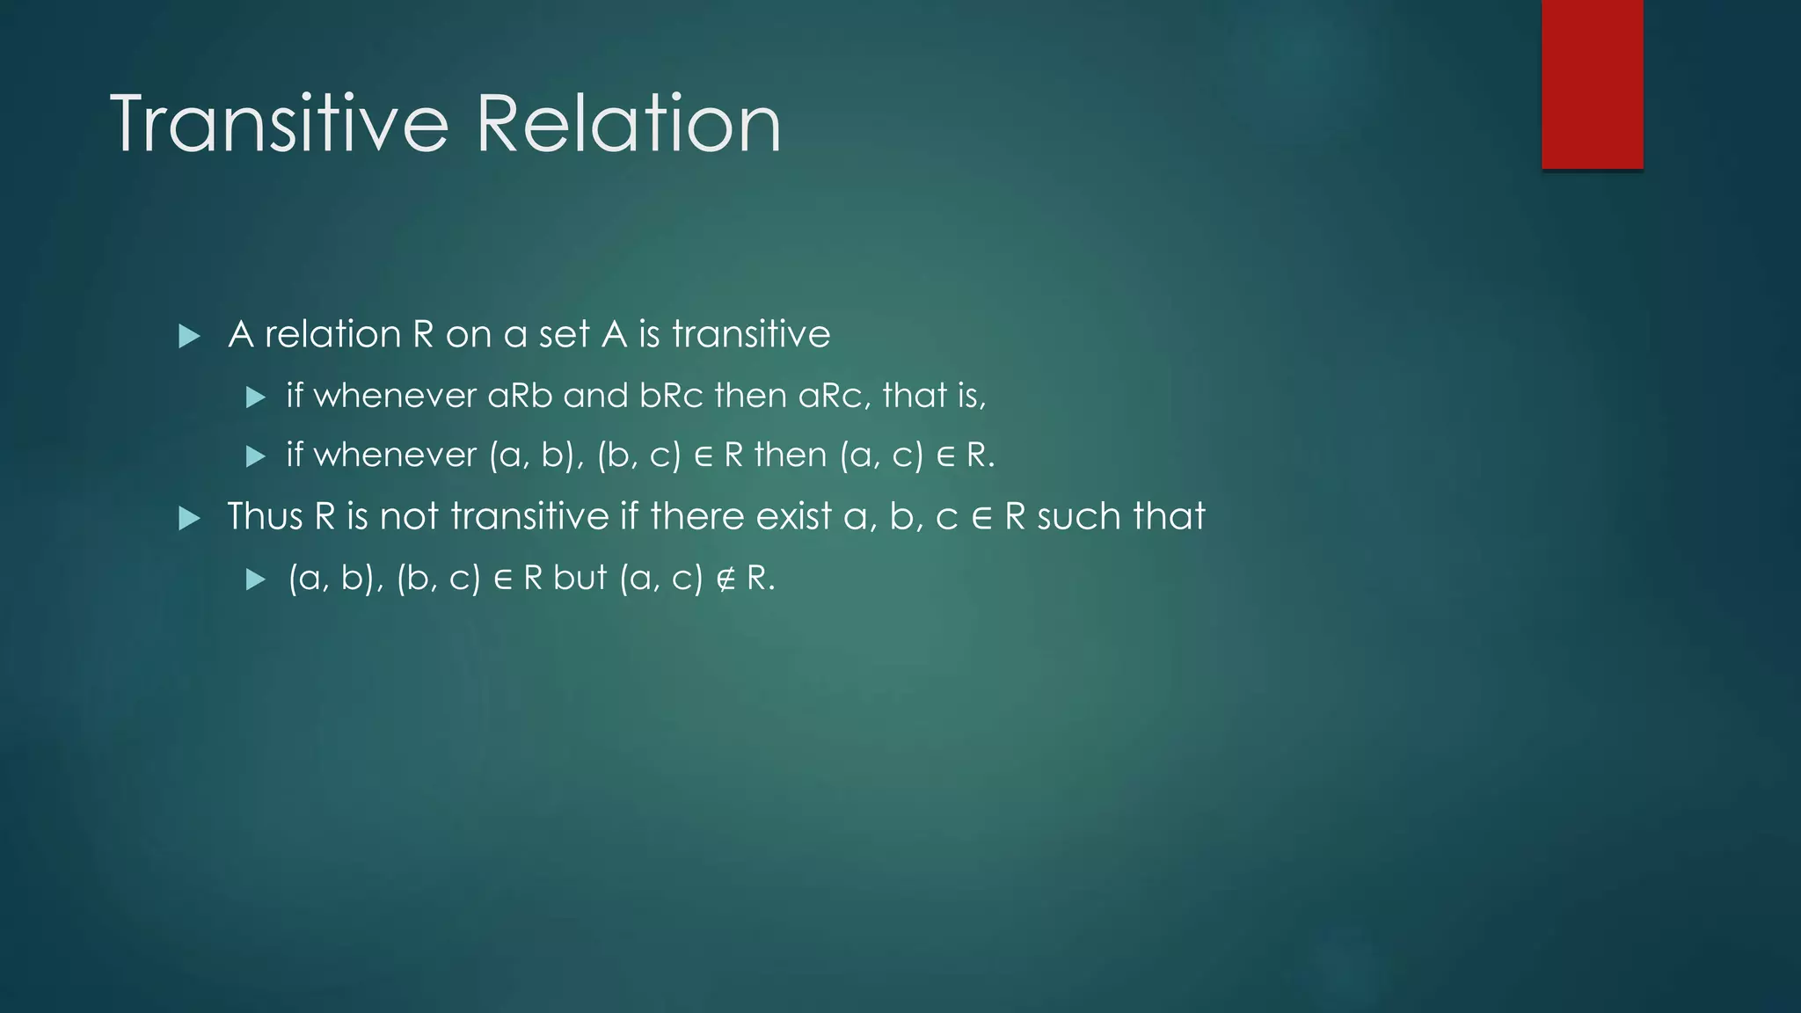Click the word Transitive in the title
[x=280, y=125]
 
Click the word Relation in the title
[x=628, y=125]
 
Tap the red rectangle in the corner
[x=1592, y=84]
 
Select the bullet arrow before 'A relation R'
[x=189, y=336]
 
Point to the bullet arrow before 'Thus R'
[x=189, y=518]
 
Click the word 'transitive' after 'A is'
[x=751, y=335]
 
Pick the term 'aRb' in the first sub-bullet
[x=520, y=396]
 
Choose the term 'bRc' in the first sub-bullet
[x=671, y=396]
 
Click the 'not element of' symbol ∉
[x=726, y=579]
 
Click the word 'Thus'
[x=265, y=516]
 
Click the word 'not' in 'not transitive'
[x=409, y=516]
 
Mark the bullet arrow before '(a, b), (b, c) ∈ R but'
[x=256, y=579]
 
